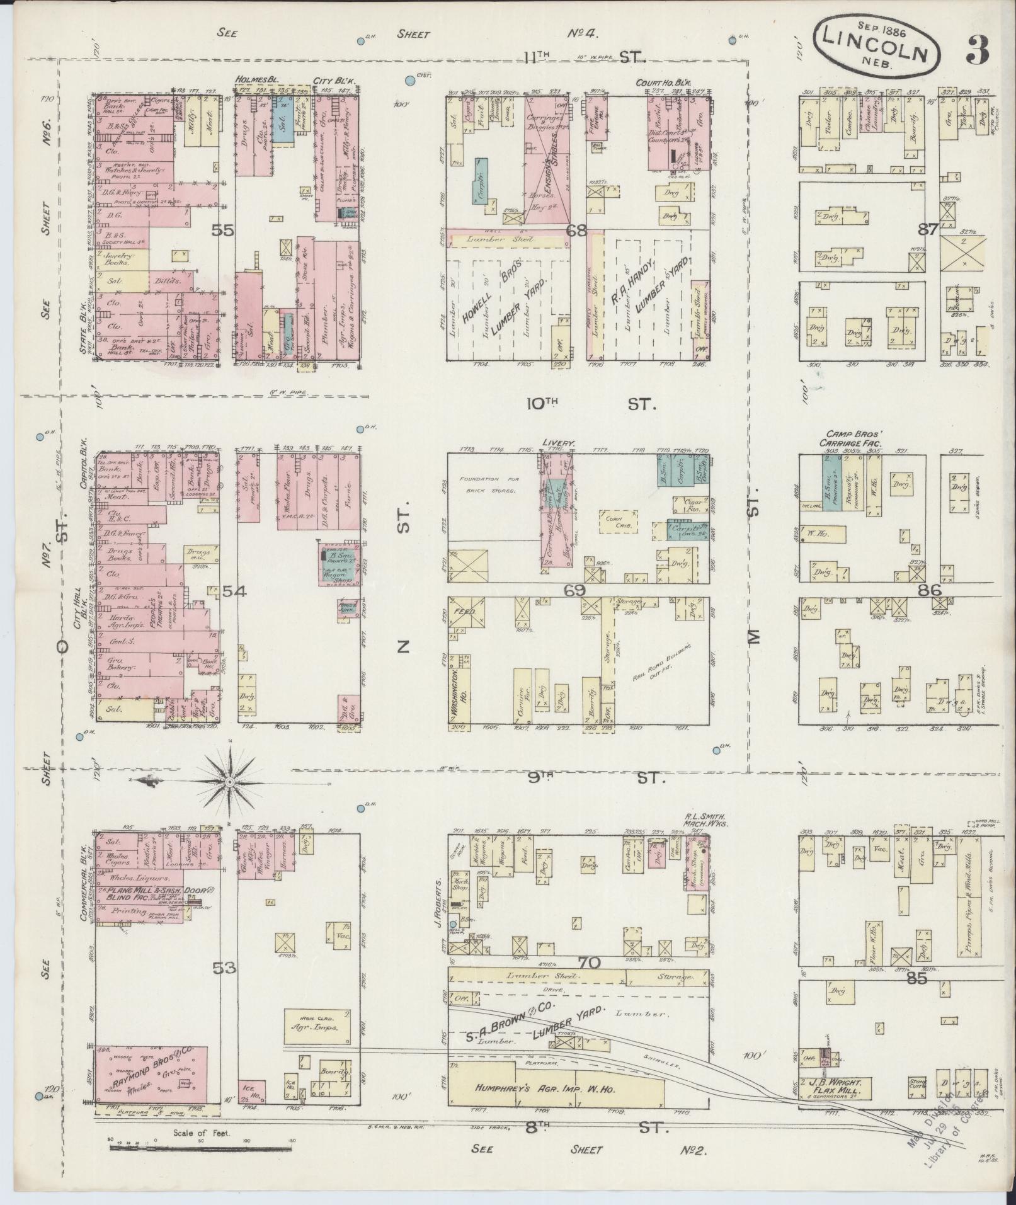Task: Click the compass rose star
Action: pyautogui.click(x=230, y=782)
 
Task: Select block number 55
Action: pyautogui.click(x=223, y=231)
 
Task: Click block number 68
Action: pyautogui.click(x=576, y=231)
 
